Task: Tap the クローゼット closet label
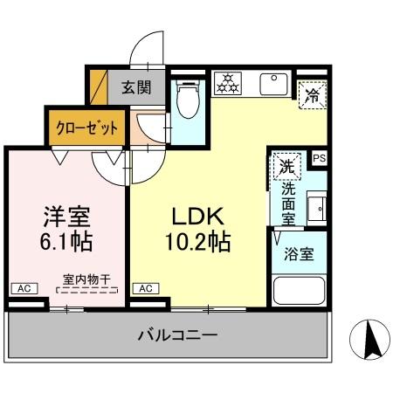(87, 127)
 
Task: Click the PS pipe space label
(319, 158)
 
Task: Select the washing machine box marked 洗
(286, 163)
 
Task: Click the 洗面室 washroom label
(288, 200)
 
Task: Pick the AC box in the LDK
(146, 287)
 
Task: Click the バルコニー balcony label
(176, 334)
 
